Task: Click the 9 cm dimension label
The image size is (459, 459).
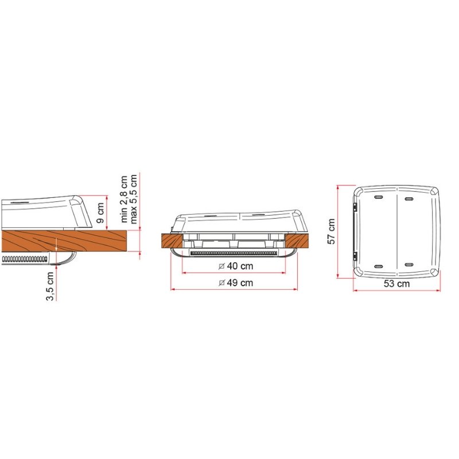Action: (x=100, y=212)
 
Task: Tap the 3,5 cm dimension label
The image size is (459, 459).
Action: (x=50, y=286)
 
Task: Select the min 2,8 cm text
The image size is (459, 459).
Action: (x=124, y=199)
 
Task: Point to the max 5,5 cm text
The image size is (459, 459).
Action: (x=134, y=199)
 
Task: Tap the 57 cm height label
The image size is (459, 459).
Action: (x=332, y=231)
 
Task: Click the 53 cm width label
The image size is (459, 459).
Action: (x=396, y=283)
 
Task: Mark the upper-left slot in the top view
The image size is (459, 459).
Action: (x=379, y=197)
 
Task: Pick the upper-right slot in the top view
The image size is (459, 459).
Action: (x=409, y=199)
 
